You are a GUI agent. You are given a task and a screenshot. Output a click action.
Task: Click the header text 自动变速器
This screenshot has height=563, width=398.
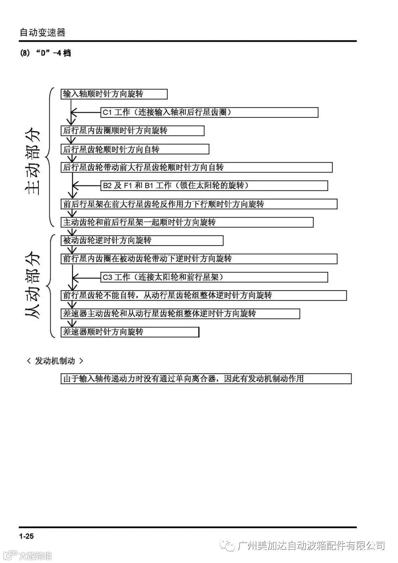point(42,33)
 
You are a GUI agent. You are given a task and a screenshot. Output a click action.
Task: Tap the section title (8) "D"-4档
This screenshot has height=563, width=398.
point(45,53)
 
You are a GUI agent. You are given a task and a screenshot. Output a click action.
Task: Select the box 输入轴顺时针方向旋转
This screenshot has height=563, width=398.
point(114,94)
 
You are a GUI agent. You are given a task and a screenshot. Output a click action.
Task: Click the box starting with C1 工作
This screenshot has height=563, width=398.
point(210,112)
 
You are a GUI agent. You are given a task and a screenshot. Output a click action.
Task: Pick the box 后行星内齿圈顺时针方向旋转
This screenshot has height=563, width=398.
point(132,131)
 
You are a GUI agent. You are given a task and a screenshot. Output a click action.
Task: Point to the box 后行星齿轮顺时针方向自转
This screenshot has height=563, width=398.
point(135,149)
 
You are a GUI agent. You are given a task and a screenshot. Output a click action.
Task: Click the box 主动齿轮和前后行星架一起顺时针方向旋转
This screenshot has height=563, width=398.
point(187,222)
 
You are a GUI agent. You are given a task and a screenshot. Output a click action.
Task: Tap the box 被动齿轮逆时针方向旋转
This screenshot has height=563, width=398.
point(142,240)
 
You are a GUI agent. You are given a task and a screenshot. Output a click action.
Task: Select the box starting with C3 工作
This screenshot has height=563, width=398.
point(214,277)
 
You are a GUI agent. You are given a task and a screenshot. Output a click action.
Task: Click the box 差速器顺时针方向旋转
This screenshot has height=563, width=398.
point(130,332)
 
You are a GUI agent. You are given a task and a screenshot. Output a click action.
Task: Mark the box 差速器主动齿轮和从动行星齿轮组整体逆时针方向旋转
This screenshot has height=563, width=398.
point(180,314)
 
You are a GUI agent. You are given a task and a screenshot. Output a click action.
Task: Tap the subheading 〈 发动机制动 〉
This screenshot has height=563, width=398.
point(55,361)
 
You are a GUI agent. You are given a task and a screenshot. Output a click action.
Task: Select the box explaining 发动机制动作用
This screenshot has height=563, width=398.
point(206,379)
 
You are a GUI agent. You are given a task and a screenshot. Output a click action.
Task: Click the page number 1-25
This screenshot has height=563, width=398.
point(27,536)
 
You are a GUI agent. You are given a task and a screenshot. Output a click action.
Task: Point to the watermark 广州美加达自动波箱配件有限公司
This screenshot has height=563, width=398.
point(311,546)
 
